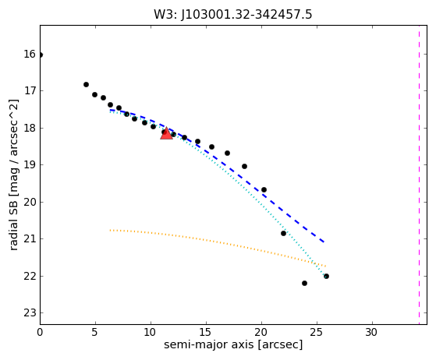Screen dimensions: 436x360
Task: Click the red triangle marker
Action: point(166,133)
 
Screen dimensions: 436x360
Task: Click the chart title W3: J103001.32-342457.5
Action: point(233,15)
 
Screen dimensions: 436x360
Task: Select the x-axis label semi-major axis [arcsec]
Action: point(233,344)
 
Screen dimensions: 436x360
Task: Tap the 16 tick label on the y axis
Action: point(30,54)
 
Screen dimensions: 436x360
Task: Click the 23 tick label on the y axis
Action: point(30,313)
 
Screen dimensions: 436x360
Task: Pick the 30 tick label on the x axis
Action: point(371,332)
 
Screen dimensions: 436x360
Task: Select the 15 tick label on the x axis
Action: point(206,332)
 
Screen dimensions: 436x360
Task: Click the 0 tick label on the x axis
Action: point(40,332)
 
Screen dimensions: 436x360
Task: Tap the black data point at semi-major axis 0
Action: point(41,55)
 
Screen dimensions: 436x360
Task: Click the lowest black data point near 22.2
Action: point(304,284)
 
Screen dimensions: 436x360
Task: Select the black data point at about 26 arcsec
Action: point(327,276)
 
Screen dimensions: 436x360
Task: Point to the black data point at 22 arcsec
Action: point(283,233)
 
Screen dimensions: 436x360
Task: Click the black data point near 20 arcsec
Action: point(264,189)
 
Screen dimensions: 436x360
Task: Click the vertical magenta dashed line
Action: point(419,175)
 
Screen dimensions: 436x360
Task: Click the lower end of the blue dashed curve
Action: point(324,242)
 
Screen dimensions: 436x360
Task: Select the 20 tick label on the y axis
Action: point(30,202)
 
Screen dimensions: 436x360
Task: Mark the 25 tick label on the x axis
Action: point(317,332)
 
